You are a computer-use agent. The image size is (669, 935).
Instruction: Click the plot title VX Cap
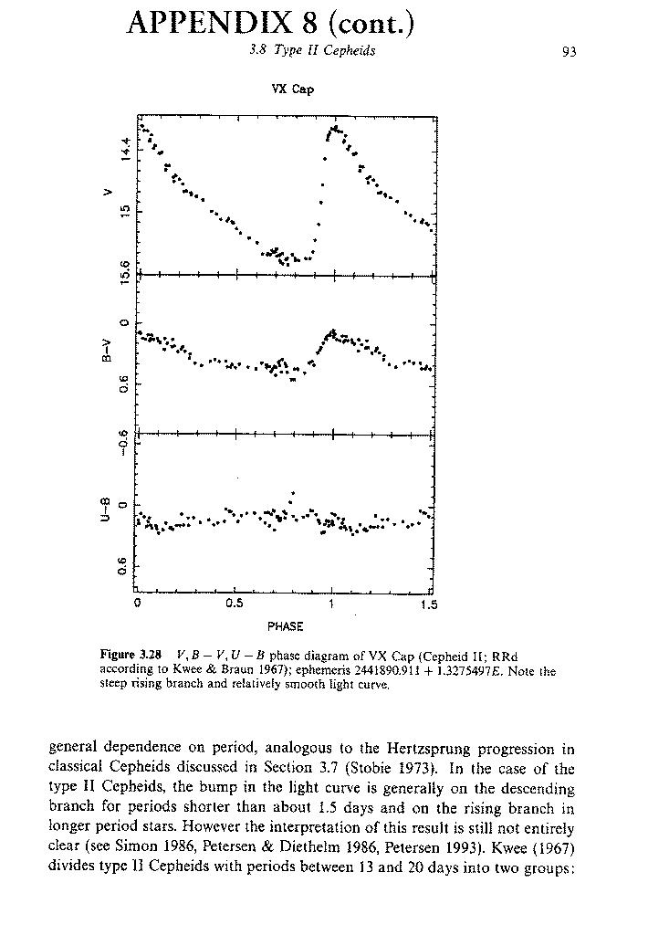point(292,89)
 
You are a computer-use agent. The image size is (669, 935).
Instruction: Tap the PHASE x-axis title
point(285,627)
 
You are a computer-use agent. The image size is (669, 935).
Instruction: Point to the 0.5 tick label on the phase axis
point(235,604)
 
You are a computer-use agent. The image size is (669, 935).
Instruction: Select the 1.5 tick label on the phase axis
point(429,604)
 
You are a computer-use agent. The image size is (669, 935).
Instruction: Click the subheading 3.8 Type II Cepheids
point(312,51)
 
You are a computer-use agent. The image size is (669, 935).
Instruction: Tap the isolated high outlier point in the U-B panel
point(292,493)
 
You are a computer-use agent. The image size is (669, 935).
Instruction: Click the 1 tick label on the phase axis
point(332,604)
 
